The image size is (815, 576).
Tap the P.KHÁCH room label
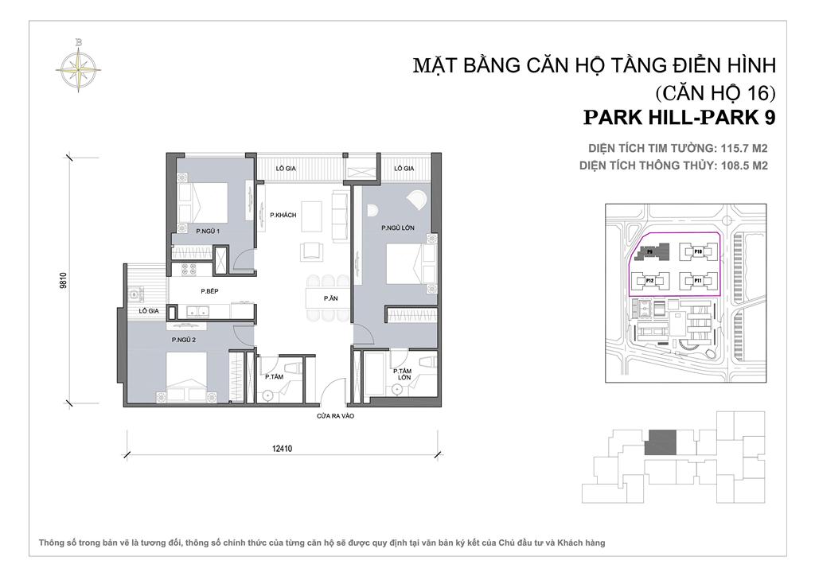tap(283, 215)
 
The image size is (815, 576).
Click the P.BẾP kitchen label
tap(209, 291)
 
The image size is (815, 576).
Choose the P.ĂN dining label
tap(329, 298)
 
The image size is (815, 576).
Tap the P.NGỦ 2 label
tap(185, 341)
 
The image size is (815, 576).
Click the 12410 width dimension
tap(283, 448)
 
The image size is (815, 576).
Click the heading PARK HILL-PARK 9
tap(679, 117)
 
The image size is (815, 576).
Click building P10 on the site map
tap(697, 251)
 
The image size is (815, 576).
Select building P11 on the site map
tap(697, 281)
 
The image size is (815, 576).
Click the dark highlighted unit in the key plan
tap(661, 442)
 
